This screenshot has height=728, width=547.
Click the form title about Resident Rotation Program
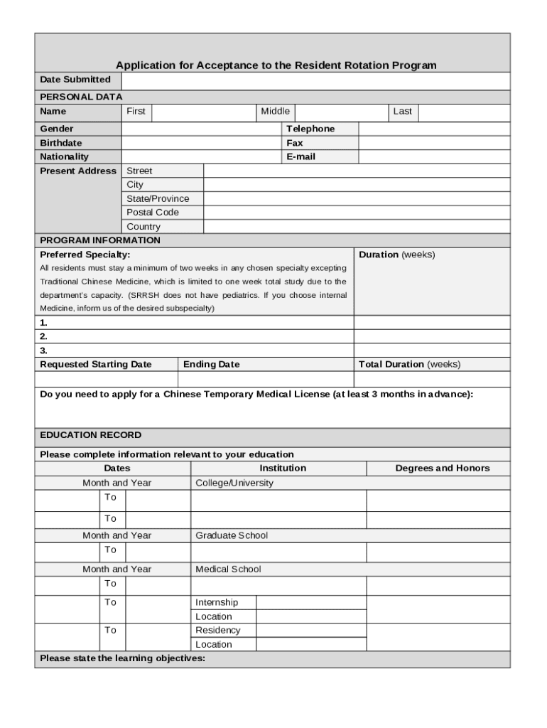pos(276,65)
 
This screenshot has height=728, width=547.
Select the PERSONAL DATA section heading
pos(81,97)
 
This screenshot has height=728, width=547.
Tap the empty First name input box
pos(204,112)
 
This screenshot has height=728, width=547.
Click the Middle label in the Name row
pos(275,112)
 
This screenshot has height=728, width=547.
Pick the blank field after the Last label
pos(463,112)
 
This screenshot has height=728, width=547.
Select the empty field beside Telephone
pos(433,129)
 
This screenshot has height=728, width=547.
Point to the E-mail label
pos(300,156)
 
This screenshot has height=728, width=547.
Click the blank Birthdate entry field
pos(201,143)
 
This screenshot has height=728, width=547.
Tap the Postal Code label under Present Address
pos(153,213)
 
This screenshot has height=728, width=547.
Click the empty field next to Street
pos(356,171)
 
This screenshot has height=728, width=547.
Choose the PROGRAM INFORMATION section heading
pos(100,240)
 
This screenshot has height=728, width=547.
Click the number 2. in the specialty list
pos(44,336)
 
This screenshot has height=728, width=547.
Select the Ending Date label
pos(212,365)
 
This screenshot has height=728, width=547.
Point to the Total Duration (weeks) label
pos(409,365)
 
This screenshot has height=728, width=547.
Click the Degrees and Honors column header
pos(442,469)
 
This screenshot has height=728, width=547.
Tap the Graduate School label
pos(232,535)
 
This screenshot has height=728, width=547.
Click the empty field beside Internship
pos(311,603)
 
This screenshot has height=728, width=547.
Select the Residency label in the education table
pos(218,631)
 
